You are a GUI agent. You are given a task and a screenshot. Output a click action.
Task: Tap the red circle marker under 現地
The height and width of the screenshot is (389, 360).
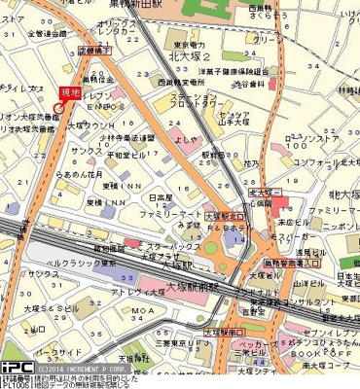tap(54, 110)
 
